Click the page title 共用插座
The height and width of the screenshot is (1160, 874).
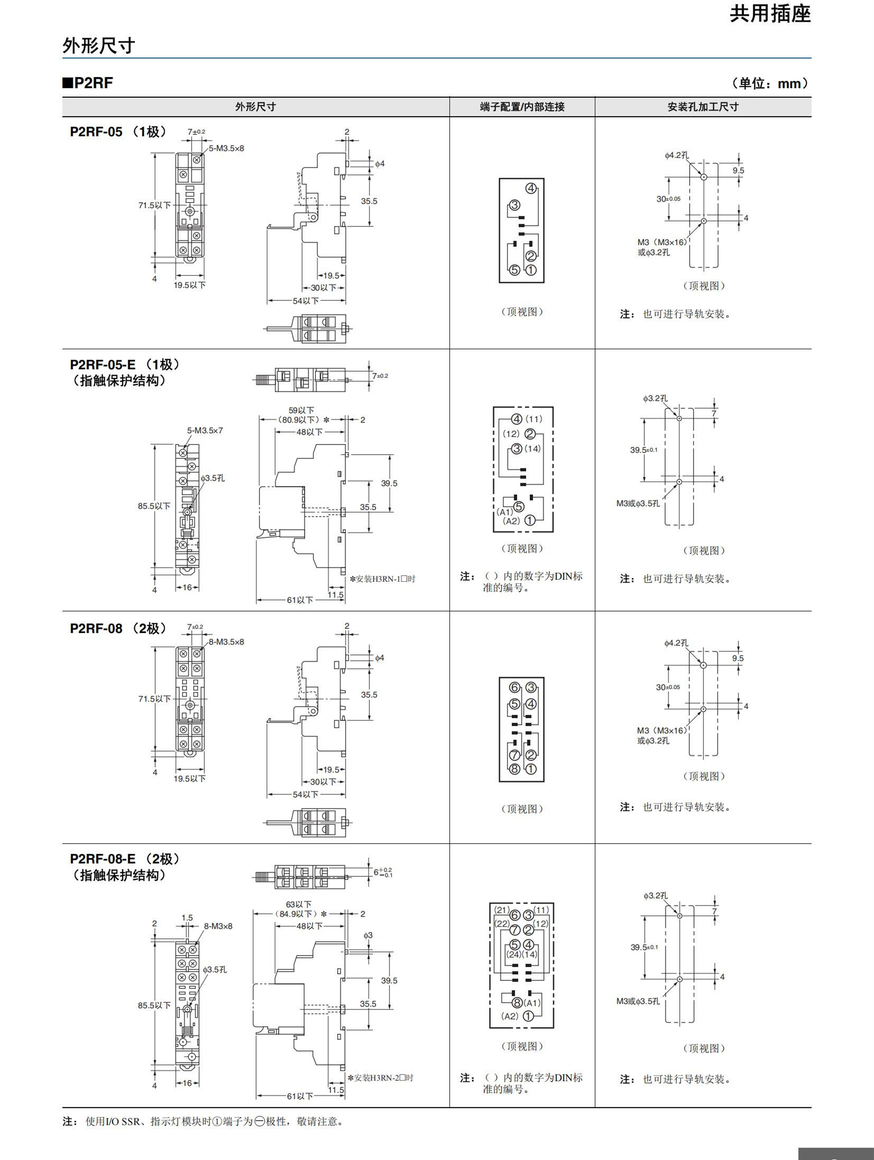[770, 14]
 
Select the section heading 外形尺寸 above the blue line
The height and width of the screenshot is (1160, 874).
[99, 46]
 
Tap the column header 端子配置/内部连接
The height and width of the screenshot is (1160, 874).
[522, 107]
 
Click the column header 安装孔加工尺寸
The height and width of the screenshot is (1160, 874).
[703, 107]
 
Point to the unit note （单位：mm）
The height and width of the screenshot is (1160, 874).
[770, 83]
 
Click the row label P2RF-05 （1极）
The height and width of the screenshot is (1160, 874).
[118, 132]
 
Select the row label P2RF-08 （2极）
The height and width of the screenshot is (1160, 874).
[118, 628]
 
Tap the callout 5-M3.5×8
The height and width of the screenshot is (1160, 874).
[226, 149]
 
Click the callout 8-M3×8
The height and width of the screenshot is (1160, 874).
[218, 926]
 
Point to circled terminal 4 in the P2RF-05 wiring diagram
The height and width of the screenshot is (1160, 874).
[531, 189]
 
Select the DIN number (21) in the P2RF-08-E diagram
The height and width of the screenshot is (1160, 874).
[502, 910]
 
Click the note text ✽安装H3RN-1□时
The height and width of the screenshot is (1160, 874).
[382, 579]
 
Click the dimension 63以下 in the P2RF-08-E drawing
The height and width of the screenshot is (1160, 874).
[299, 904]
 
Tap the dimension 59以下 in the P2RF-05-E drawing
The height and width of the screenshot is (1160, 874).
[301, 410]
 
